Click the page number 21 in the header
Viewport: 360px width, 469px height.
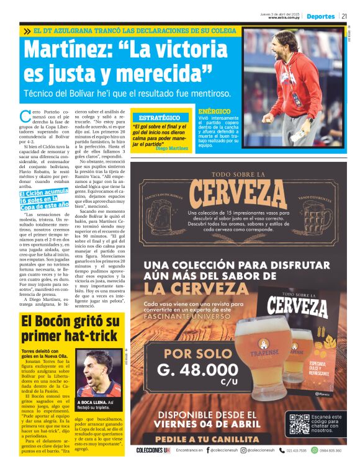click(x=344, y=17)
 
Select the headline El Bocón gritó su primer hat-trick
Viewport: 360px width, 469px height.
click(x=70, y=329)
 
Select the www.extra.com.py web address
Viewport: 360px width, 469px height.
click(x=284, y=18)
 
